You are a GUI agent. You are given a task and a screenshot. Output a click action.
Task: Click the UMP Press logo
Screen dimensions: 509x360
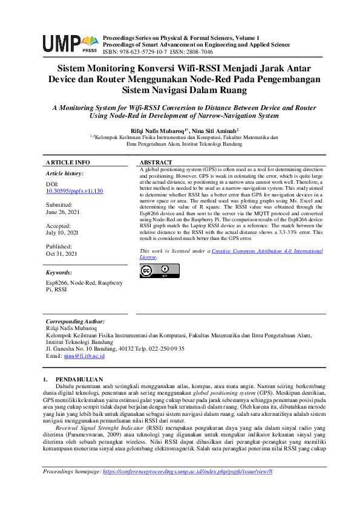pos(70,43)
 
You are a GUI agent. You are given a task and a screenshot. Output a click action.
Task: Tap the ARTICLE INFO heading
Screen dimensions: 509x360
pos(68,163)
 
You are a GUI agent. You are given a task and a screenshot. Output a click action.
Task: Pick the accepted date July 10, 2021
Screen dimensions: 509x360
pos(62,232)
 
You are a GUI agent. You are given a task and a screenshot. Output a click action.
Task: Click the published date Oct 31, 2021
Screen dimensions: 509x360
pos(62,254)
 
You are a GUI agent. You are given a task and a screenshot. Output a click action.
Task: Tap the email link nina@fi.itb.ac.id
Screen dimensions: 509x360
pos(84,356)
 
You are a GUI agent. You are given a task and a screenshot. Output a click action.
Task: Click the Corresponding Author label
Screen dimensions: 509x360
pos(75,322)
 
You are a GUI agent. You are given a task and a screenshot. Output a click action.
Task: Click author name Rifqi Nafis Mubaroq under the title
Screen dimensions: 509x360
pos(157,130)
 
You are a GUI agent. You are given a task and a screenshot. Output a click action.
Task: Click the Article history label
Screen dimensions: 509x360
pos(65,173)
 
